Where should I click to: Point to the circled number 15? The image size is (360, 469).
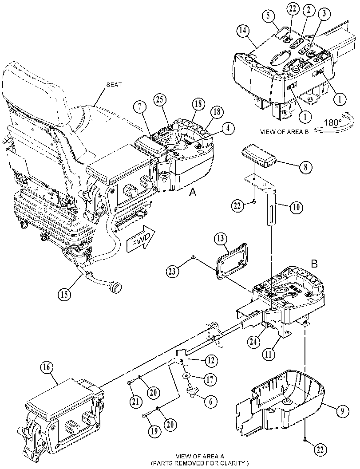coord(65,294)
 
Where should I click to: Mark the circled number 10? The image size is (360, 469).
coord(296,207)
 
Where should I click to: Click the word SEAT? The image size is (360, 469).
coord(114,84)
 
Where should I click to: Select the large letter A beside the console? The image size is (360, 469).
coord(193,193)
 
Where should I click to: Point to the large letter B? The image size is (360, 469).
coord(314,264)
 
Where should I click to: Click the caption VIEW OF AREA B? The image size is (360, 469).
coord(284,132)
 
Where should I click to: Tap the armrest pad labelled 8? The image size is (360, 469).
coord(260,155)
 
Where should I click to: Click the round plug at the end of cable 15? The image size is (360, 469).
coord(116,288)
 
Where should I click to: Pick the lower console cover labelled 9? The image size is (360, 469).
coord(281,402)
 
